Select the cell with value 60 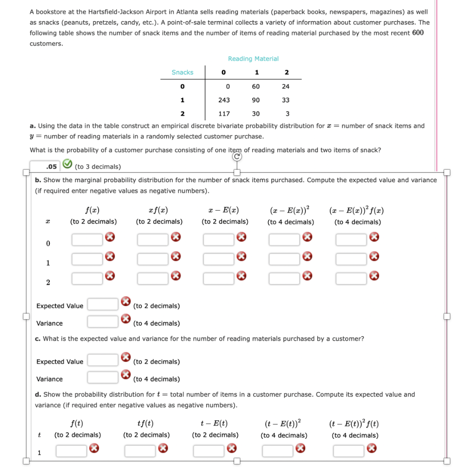256,86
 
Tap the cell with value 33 286,100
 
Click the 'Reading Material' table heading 253,59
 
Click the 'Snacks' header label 183,73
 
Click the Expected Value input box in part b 103,305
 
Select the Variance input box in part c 103,377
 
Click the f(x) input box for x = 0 87,239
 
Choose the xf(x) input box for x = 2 153,278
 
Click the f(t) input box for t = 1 72,450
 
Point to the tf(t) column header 146,423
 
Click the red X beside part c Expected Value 125,358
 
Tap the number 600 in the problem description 418,33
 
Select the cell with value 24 286,86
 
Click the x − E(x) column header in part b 224,210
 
